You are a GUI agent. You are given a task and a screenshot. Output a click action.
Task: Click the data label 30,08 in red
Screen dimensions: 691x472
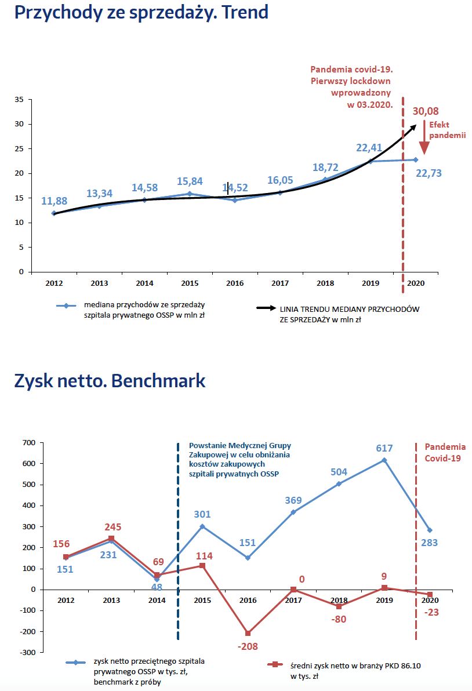pos(426,111)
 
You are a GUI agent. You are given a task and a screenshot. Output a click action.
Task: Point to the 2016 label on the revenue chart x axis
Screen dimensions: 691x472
pos(235,283)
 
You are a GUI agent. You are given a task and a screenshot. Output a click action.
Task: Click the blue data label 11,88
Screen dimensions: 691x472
pos(54,201)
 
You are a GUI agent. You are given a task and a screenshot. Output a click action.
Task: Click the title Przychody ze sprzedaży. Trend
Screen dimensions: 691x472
pos(141,12)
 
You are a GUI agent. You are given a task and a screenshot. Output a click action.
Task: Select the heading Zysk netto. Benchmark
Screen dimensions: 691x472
pos(110,381)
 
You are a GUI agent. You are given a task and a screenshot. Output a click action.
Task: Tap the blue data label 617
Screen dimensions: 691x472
pos(384,448)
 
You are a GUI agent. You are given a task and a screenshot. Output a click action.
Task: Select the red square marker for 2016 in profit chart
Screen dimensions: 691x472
pos(248,633)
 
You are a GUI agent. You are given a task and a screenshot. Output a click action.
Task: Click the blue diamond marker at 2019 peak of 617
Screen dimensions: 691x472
pos(384,460)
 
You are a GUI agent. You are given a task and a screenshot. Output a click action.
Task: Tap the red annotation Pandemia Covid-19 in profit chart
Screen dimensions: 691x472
pos(445,452)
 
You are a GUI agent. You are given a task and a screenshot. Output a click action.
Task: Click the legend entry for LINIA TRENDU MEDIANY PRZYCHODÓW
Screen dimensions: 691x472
pos(345,314)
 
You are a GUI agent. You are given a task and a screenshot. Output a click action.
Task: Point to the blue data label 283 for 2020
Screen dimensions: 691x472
pos(429,543)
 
